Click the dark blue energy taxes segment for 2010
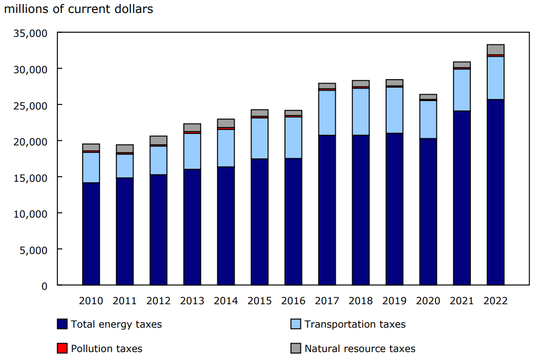(x=91, y=234)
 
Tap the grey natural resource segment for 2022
(x=495, y=49)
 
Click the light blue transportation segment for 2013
(x=192, y=151)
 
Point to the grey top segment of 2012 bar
(x=158, y=140)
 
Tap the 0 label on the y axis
(x=44, y=286)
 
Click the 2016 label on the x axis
(x=293, y=301)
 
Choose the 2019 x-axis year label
(x=394, y=301)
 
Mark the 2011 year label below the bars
(x=125, y=301)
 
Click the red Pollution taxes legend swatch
(x=62, y=349)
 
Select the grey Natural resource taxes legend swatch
(x=296, y=349)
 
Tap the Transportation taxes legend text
(x=355, y=325)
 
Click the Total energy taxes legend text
(x=116, y=325)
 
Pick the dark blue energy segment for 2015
(x=260, y=222)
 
